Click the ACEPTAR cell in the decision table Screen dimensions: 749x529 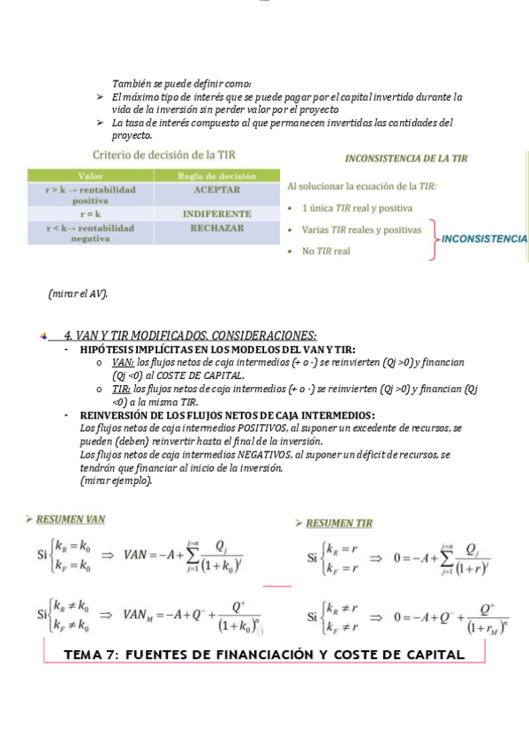point(217,190)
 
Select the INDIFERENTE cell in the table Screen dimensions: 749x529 point(217,214)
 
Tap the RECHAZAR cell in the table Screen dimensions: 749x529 point(217,228)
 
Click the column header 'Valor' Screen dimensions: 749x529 point(90,176)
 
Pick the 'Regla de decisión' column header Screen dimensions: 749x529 point(217,176)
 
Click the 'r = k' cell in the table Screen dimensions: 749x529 point(90,214)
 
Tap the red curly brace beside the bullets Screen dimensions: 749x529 point(434,239)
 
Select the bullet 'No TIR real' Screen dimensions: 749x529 point(326,252)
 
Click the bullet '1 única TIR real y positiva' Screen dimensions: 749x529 point(357,208)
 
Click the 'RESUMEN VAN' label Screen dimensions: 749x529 point(70,519)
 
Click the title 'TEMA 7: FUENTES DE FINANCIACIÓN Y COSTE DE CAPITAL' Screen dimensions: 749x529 point(265,654)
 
